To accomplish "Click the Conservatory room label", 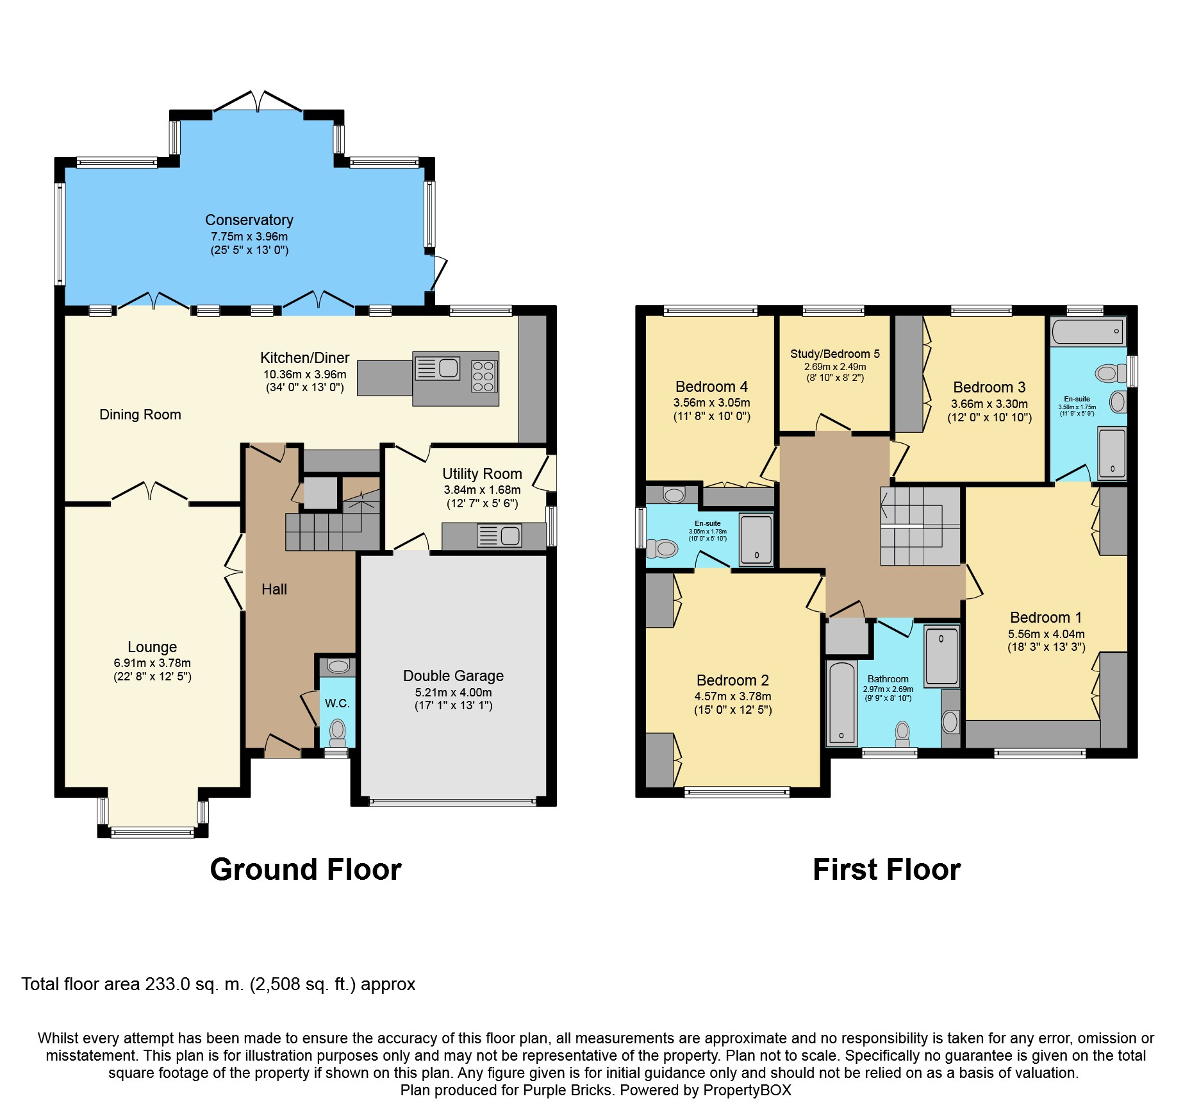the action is pos(249,220).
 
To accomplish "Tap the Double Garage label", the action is pos(453,676).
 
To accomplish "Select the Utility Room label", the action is pos(482,474).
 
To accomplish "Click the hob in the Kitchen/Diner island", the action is pos(483,376).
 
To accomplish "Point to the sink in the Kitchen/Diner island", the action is pos(438,368).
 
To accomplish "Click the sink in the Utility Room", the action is pos(499,535).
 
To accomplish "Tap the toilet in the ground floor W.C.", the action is pos(337,731).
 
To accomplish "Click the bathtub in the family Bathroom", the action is pos(842,703).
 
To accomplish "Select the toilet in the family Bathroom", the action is pos(902,734).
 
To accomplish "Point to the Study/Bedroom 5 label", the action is pos(835,354).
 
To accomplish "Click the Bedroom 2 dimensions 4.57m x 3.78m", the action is pos(733,696).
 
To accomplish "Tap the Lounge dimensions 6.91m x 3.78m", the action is pos(153,663).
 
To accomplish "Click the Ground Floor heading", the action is pos(306,870).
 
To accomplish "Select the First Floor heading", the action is pos(887,870).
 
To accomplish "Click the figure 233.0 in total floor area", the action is pos(168,984).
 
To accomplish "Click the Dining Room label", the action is pos(140,415).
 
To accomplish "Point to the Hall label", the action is pos(274,589).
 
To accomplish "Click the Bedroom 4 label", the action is pos(711,387).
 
